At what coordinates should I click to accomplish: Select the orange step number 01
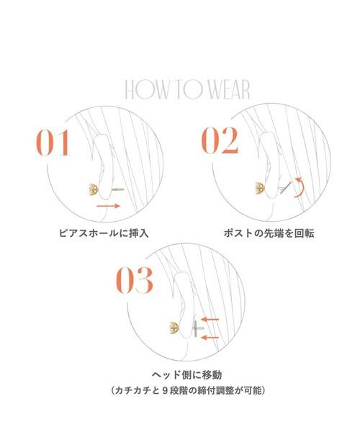click(x=53, y=142)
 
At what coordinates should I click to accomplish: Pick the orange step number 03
click(x=135, y=281)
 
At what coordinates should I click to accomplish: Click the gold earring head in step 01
click(x=92, y=190)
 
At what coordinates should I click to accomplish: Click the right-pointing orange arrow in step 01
click(x=107, y=207)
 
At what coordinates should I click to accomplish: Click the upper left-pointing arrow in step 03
click(x=210, y=319)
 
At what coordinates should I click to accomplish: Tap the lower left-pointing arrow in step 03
click(x=210, y=337)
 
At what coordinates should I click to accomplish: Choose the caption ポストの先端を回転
click(x=264, y=233)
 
